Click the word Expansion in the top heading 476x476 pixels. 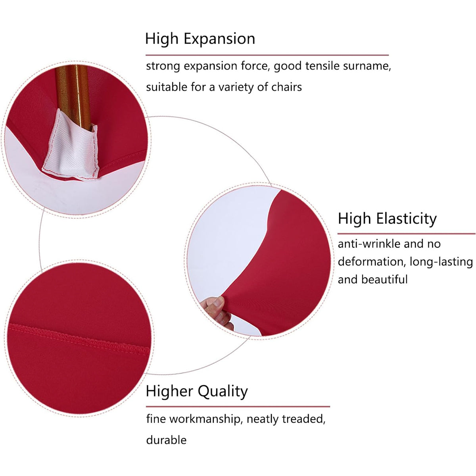point(219,39)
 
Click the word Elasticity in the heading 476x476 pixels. point(406,219)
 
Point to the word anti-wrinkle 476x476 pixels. point(369,244)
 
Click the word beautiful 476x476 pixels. point(384,279)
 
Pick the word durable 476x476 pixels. point(166,440)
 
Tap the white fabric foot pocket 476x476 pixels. point(71,146)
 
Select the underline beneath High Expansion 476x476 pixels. point(267,55)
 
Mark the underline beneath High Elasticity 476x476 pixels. point(406,233)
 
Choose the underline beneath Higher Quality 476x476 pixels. point(238,406)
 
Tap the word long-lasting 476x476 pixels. point(441,262)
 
